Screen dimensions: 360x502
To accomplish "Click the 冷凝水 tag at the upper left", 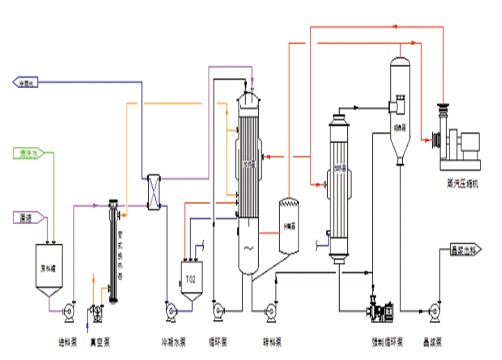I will [25, 82].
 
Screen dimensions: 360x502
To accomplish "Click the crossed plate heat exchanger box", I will [153, 192].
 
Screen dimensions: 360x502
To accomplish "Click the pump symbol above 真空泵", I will [95, 311].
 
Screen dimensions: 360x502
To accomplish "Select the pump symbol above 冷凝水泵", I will [172, 310].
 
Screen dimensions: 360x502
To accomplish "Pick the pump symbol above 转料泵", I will [270, 311].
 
